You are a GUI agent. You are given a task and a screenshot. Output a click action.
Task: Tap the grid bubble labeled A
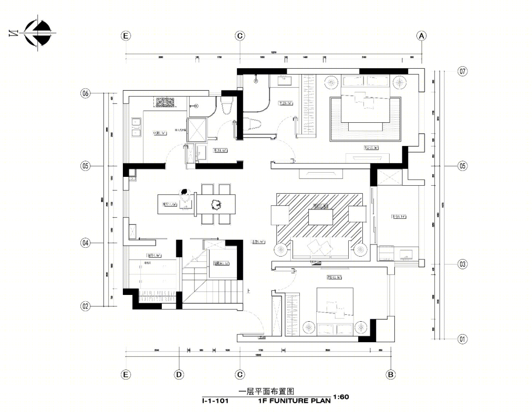pyautogui.click(x=421, y=36)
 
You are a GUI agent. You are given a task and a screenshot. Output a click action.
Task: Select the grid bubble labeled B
pyautogui.click(x=390, y=374)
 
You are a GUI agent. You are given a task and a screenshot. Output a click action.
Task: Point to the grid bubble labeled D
pyautogui.click(x=179, y=374)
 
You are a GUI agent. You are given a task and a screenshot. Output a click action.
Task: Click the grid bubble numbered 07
pyautogui.click(x=462, y=71)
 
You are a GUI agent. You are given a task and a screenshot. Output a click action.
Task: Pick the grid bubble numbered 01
pyautogui.click(x=462, y=339)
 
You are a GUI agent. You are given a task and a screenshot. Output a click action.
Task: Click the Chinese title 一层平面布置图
pyautogui.click(x=265, y=391)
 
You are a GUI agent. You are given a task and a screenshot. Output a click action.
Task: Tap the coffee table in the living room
pyautogui.click(x=321, y=216)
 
